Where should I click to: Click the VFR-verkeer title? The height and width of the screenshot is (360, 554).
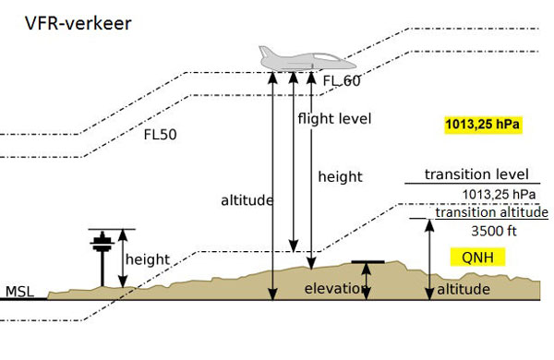[78, 24]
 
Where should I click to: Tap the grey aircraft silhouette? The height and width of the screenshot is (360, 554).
[307, 58]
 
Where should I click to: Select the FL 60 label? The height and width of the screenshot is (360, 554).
[342, 81]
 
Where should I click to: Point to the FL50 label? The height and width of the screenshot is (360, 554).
[160, 135]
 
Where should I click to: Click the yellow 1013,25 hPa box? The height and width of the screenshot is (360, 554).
[483, 125]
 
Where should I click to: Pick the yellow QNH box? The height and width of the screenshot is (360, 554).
[477, 257]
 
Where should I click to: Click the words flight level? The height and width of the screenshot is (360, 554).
[334, 119]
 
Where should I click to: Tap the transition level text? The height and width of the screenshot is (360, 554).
[476, 174]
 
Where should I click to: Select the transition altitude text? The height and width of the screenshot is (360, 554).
[491, 212]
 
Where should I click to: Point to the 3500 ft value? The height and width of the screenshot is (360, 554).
[494, 231]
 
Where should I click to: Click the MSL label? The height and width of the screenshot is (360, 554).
[19, 292]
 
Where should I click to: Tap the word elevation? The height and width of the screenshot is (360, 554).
[334, 289]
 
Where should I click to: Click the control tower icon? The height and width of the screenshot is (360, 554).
[102, 258]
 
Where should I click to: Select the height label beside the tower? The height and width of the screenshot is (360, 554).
[148, 259]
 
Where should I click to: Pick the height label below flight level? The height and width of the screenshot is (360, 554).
[340, 176]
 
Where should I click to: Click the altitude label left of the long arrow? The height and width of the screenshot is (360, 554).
[247, 200]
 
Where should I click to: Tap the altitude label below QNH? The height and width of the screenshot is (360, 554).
[464, 289]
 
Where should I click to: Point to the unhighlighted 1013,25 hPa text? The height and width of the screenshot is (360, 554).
[499, 195]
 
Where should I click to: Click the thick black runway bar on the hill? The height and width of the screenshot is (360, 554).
[367, 262]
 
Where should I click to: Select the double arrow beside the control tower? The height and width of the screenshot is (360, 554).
[123, 258]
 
